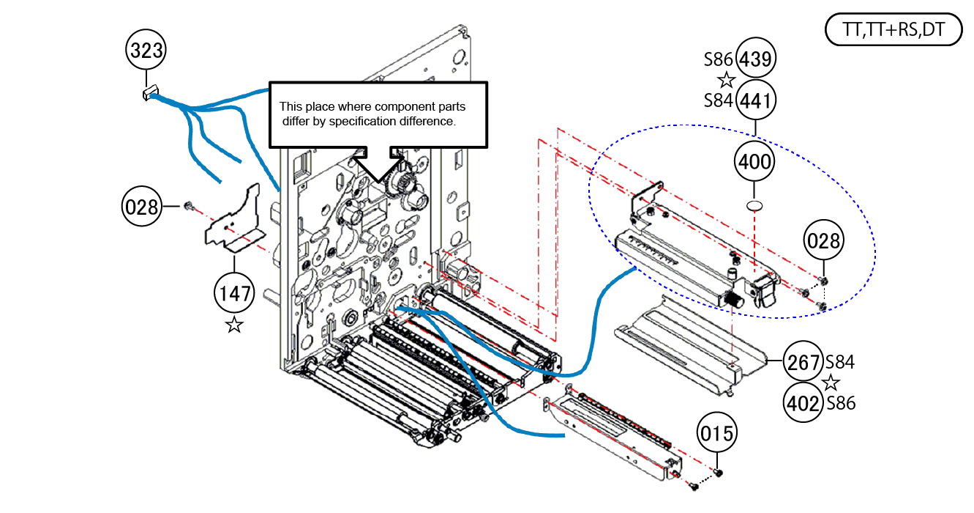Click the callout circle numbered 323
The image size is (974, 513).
tap(146, 51)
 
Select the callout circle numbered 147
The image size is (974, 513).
tap(233, 294)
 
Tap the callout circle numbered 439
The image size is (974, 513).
tap(755, 59)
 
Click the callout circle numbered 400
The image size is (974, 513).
tap(754, 160)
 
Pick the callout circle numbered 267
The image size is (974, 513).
tap(803, 361)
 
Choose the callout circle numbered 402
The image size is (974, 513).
tap(803, 402)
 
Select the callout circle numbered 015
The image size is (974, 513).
tap(716, 434)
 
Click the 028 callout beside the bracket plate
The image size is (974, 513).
tap(142, 207)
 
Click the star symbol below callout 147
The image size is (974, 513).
tap(234, 325)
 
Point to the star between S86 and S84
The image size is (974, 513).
tap(726, 80)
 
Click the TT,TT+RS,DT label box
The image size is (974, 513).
tap(893, 31)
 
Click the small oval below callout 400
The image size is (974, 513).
tap(754, 204)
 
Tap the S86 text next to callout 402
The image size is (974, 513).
tap(840, 403)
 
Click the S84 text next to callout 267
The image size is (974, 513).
tap(840, 361)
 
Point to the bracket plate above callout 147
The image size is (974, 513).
tap(233, 220)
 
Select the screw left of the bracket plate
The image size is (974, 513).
tap(187, 207)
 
